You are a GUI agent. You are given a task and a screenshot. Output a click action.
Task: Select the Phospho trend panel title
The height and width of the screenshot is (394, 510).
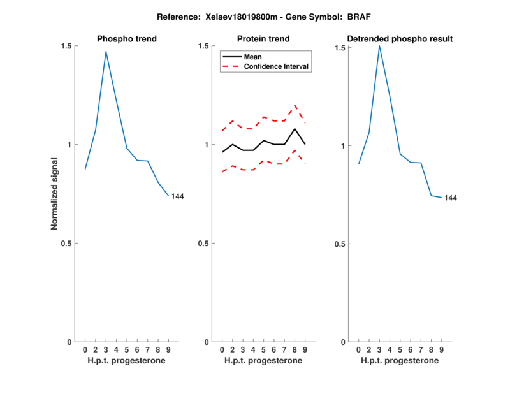tap(127, 39)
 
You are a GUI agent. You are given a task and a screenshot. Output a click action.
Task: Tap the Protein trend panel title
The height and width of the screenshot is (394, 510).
tap(263, 39)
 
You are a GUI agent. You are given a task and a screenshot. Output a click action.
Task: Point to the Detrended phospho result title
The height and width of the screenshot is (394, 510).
tap(400, 39)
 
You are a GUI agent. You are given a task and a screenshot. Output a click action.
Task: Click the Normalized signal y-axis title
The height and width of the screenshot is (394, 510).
tap(55, 194)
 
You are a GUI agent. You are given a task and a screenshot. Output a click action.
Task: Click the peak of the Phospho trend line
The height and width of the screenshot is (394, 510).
tap(106, 52)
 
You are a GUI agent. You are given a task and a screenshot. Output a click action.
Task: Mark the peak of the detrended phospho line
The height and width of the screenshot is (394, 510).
tap(379, 45)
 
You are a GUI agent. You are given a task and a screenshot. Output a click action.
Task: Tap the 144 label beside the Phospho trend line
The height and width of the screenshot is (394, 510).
tap(177, 196)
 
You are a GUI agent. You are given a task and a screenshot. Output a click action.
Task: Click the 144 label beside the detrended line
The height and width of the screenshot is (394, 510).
tap(450, 198)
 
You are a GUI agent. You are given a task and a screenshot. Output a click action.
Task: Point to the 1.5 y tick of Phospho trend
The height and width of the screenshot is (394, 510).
tap(66, 47)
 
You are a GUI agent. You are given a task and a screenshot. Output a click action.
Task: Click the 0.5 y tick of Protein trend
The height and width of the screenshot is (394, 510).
tap(203, 244)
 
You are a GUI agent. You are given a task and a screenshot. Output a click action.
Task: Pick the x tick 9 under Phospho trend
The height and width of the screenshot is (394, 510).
tap(168, 349)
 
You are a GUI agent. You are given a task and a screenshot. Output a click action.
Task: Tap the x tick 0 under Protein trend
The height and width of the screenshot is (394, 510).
tap(222, 349)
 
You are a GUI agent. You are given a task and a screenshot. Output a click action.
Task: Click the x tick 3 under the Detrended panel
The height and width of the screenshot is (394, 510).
tap(379, 349)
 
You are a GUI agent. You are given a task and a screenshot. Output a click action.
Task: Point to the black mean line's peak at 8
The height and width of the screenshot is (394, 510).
tap(295, 129)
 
